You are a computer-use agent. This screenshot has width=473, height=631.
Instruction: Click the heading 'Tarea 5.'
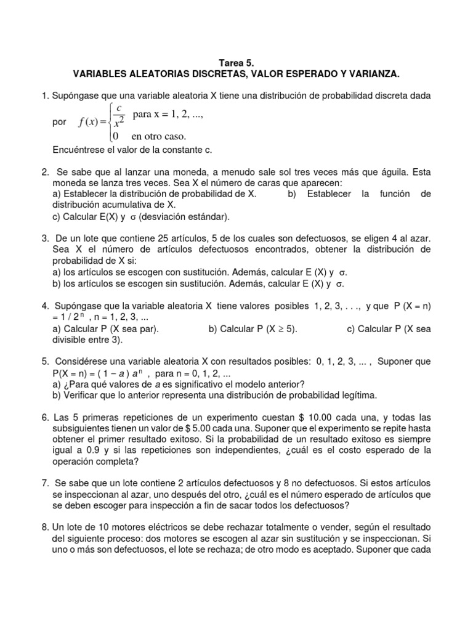236,63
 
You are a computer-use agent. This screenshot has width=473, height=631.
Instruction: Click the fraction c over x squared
118,115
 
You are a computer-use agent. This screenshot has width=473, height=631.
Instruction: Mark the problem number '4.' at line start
45,306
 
